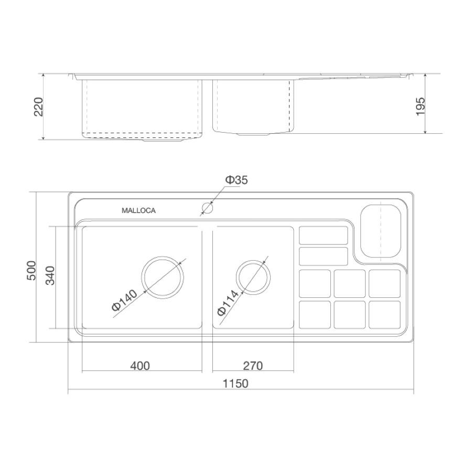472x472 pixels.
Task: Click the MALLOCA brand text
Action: [x=138, y=210]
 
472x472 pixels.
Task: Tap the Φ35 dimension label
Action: [x=237, y=180]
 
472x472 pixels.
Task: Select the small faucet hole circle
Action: [x=207, y=208]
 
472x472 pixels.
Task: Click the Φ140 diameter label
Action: [x=124, y=300]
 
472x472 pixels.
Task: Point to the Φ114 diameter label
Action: [x=228, y=303]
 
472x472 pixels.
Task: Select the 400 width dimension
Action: [x=140, y=366]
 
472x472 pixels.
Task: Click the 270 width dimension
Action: [x=253, y=366]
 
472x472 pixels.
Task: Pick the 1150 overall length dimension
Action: [x=235, y=383]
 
